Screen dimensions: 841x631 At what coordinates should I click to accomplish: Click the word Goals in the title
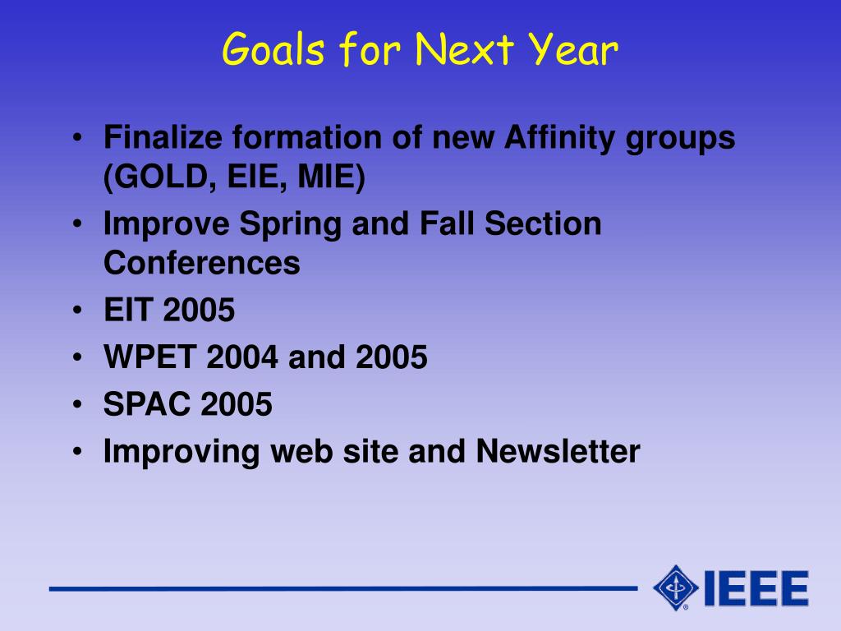click(273, 48)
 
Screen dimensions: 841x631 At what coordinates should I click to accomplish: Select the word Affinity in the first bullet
click(560, 137)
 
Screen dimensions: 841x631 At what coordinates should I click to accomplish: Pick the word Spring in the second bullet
click(290, 224)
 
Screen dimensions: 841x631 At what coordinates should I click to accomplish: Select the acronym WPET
click(149, 357)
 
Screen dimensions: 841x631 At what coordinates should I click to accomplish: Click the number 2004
click(242, 357)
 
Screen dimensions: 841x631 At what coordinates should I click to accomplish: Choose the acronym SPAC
click(147, 404)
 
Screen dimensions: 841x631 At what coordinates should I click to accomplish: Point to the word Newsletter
click(558, 451)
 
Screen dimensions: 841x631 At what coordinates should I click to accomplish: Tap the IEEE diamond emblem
click(676, 588)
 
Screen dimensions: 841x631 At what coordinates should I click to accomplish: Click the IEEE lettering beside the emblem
click(756, 588)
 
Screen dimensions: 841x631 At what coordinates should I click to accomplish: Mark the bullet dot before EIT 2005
click(78, 310)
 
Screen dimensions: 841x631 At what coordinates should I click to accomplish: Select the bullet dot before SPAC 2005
click(78, 404)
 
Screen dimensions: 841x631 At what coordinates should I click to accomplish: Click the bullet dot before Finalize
click(78, 138)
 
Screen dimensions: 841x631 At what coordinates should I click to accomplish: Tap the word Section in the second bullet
click(543, 223)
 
